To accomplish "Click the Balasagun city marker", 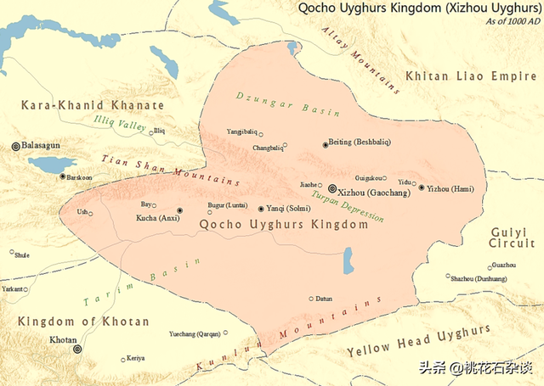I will click(x=15, y=146).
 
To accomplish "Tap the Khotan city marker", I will click(x=77, y=349).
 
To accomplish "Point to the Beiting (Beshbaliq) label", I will click(x=360, y=144).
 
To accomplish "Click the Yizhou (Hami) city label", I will click(x=450, y=187).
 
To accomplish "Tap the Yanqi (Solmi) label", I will click(x=288, y=209).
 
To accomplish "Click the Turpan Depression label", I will click(x=348, y=206).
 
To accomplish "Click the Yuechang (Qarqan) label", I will click(x=202, y=333).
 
